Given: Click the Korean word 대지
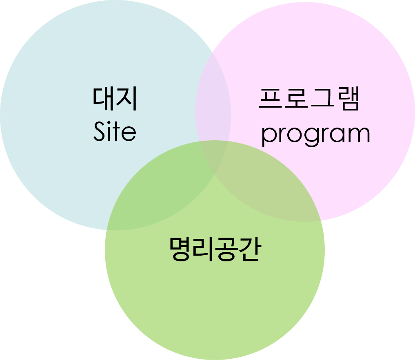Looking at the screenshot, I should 115,99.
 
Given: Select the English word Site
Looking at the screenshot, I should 115,132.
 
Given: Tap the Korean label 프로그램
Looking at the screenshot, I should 309,99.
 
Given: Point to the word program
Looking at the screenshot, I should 315,135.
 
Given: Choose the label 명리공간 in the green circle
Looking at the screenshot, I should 214,250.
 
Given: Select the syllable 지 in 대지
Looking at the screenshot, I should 127,99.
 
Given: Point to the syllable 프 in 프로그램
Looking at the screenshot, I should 271,99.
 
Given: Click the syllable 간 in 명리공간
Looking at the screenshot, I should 248,250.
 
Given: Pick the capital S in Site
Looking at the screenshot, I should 100,132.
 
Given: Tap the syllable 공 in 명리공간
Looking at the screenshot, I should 226,250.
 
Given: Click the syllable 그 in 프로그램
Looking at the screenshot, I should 322,99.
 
